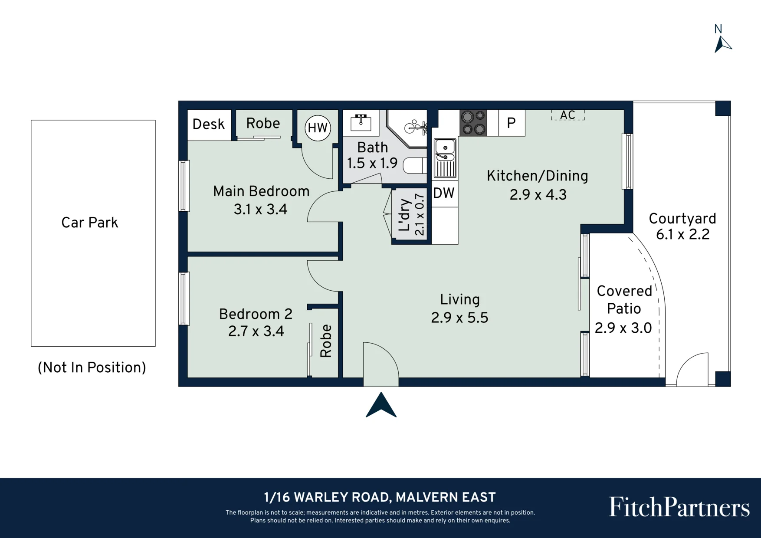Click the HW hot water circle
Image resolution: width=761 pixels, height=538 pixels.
[318, 128]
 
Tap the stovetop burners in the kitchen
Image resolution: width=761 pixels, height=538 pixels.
[473, 123]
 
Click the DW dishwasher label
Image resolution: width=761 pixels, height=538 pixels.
[444, 193]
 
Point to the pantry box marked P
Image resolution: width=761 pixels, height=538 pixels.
[512, 123]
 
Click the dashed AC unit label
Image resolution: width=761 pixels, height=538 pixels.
[568, 115]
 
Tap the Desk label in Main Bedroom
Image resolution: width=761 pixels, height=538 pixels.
[209, 125]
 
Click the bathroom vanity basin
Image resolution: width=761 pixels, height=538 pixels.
[361, 123]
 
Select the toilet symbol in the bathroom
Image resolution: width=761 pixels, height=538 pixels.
[415, 165]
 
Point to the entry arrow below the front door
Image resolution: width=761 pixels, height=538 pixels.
[381, 405]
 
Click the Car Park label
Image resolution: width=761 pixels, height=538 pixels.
[90, 223]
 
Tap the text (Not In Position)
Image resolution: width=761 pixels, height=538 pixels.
[92, 367]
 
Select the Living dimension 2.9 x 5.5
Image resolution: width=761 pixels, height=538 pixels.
[459, 318]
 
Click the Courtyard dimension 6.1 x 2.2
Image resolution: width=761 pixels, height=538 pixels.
[682, 234]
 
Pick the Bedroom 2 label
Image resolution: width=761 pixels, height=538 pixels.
[256, 314]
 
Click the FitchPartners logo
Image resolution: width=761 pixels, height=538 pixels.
[679, 507]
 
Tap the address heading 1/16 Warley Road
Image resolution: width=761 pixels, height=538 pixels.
[380, 497]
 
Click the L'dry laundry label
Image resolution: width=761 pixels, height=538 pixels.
[404, 215]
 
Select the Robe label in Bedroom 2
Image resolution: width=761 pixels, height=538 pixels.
[326, 341]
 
